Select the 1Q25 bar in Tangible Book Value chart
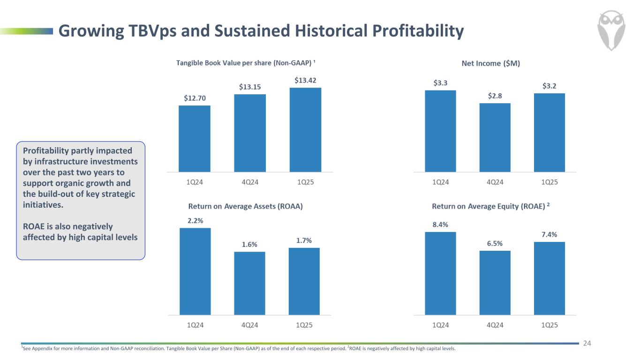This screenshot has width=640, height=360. (x=305, y=130)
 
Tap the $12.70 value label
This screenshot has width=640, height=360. (x=195, y=98)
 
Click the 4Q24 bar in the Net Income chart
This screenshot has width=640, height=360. (x=495, y=137)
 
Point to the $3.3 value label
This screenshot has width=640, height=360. (x=440, y=83)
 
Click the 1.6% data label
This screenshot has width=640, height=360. (x=249, y=244)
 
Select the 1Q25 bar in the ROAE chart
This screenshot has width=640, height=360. (x=549, y=278)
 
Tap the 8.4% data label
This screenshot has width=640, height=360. (x=440, y=225)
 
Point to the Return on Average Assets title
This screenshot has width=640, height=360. (x=245, y=207)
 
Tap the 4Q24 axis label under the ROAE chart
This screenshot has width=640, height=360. (x=495, y=324)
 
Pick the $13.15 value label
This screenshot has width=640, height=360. (x=249, y=87)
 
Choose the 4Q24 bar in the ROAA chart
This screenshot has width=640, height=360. (x=249, y=283)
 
